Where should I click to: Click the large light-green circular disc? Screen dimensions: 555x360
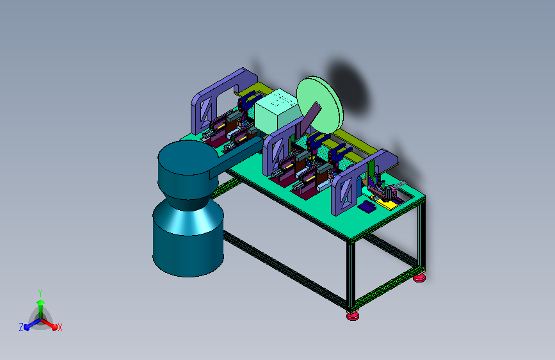click(x=319, y=104)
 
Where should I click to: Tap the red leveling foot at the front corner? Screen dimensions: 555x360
click(x=353, y=315)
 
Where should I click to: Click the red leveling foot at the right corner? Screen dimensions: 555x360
click(x=419, y=278)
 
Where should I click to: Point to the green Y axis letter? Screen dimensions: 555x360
click(x=40, y=293)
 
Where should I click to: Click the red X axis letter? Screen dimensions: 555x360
click(x=60, y=328)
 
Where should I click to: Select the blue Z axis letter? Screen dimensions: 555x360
click(x=21, y=327)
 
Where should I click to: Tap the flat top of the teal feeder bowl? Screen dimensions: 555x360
click(x=188, y=158)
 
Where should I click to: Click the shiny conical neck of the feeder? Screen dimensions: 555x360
click(x=188, y=217)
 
